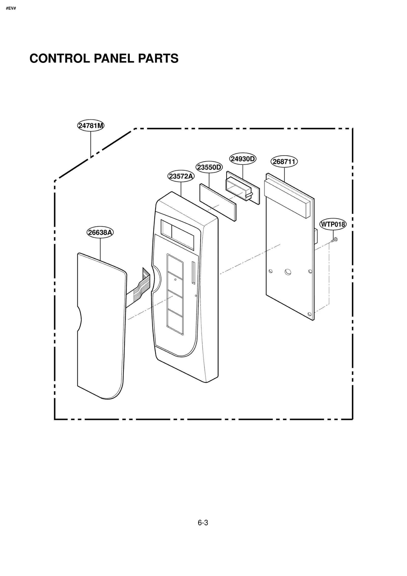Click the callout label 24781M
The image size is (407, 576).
tap(91, 126)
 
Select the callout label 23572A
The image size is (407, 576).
tap(181, 176)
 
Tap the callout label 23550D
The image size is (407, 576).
tap(209, 167)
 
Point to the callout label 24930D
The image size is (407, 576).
tap(243, 159)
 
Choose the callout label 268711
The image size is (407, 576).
tap(284, 162)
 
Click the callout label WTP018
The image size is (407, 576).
tap(333, 224)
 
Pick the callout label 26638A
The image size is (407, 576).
tap(100, 232)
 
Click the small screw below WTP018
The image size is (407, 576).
tap(335, 239)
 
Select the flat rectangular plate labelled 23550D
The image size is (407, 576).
tap(218, 202)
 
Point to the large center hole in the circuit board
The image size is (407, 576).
tap(288, 272)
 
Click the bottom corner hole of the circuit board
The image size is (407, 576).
tap(310, 314)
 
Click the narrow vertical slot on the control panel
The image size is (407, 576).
tap(193, 273)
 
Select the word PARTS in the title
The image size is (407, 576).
tap(158, 59)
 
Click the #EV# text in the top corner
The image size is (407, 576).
tap(11, 8)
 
